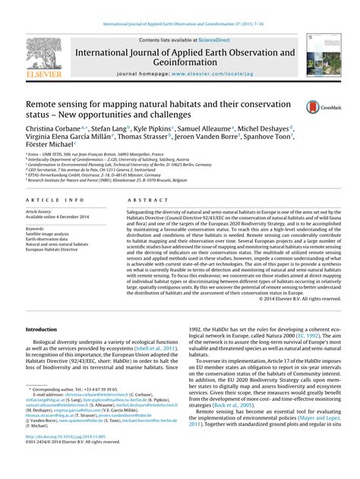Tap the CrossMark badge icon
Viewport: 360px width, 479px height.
tap(319, 109)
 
